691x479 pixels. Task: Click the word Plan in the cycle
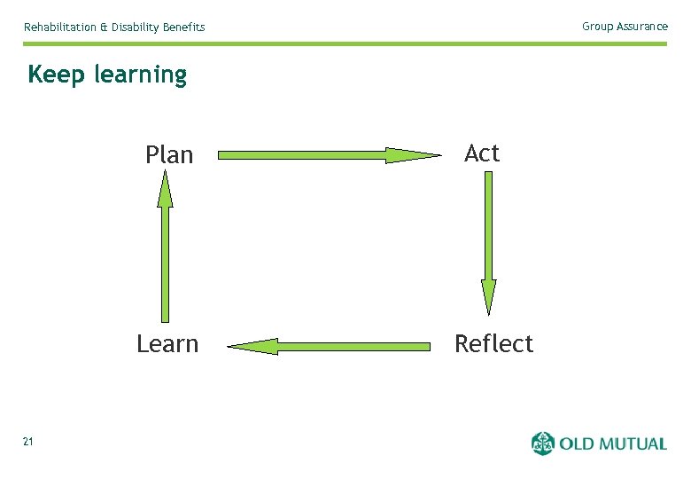coord(168,155)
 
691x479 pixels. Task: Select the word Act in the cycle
coord(482,153)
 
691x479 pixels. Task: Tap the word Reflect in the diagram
coord(493,344)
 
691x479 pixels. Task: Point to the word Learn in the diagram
coord(167,344)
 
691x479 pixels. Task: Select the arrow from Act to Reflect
coord(488,231)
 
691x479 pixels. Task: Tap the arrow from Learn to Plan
coord(165,257)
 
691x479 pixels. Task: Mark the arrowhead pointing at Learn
coord(253,346)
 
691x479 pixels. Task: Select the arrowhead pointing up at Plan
coord(165,190)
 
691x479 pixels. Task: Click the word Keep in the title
coord(57,75)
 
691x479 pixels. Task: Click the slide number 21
coord(28,442)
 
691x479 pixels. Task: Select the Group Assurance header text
coord(625,27)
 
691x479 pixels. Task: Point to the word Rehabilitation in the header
coord(59,27)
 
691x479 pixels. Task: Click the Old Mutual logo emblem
coord(542,443)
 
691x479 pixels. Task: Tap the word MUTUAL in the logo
coord(632,444)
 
